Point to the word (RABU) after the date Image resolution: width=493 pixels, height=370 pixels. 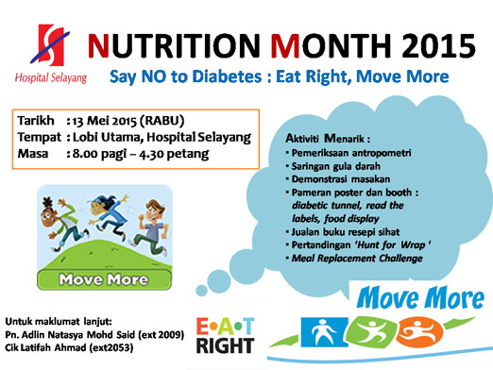coord(178,122)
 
